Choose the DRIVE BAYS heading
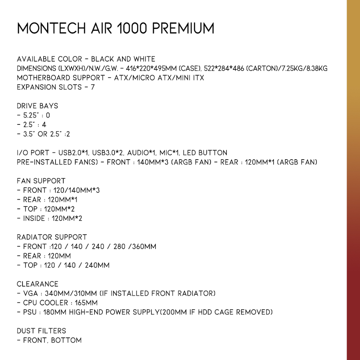click(37, 106)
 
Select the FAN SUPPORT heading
click(41, 181)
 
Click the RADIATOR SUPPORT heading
click(52, 237)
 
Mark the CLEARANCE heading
click(38, 284)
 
